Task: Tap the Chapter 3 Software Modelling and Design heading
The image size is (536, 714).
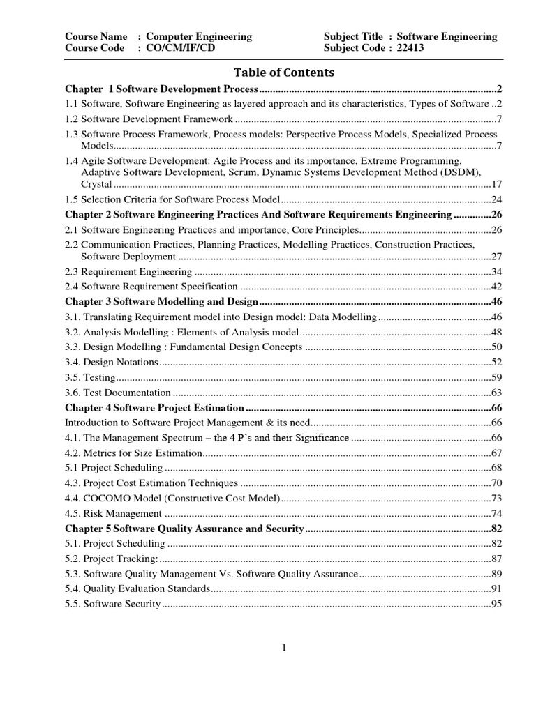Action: [162, 301]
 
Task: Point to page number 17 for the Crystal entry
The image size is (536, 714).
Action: [497, 185]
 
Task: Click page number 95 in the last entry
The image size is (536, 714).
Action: [497, 605]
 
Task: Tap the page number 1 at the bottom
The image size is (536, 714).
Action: [284, 648]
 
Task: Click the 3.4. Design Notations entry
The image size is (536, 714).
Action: [112, 362]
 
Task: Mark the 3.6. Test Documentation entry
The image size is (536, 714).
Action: [117, 393]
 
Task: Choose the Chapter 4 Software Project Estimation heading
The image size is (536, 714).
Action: [154, 408]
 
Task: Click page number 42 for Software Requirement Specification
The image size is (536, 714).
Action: [497, 287]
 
